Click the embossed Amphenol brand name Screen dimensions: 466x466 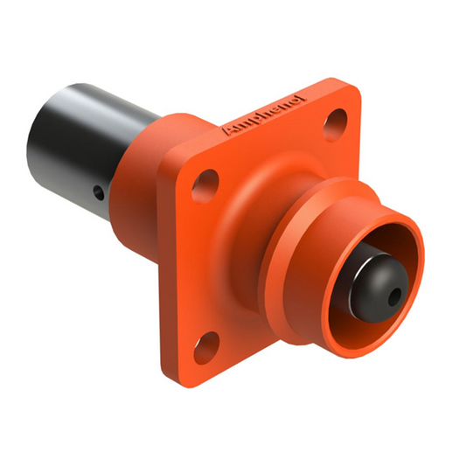click(x=264, y=115)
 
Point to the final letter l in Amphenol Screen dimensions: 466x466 click(x=303, y=98)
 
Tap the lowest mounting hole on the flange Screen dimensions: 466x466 click(x=205, y=344)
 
